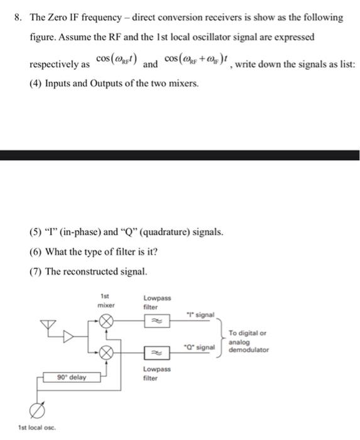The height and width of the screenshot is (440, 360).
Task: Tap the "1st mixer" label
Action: pyautogui.click(x=105, y=299)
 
